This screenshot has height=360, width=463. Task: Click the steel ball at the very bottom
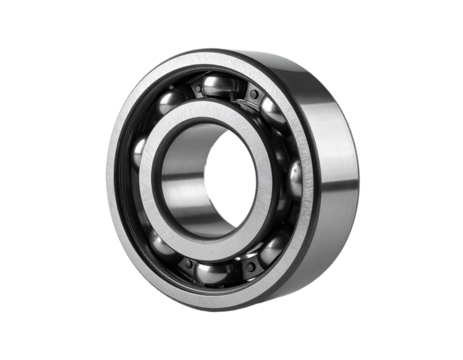pyautogui.click(x=211, y=272)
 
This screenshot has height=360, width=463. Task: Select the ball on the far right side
pyautogui.click(x=296, y=181)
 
